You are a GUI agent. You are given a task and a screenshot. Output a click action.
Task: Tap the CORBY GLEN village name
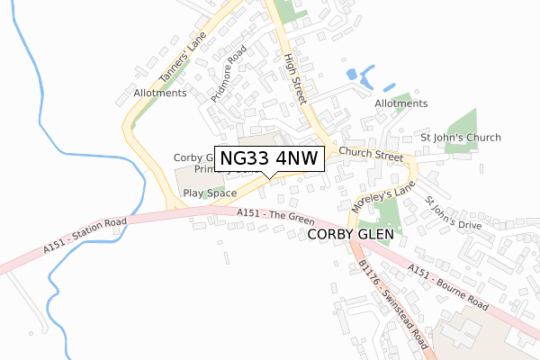[x=350, y=233]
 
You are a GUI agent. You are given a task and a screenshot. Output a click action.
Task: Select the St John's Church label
[x=461, y=138]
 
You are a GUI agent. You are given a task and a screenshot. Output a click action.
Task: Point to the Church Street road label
[x=371, y=155]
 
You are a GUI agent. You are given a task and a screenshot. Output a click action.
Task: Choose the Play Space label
[x=210, y=193]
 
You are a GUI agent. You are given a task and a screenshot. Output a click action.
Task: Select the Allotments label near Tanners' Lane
[x=160, y=93]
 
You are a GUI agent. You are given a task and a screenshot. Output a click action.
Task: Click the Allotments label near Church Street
[x=401, y=103]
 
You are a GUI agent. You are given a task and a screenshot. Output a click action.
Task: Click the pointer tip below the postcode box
[x=263, y=176]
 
